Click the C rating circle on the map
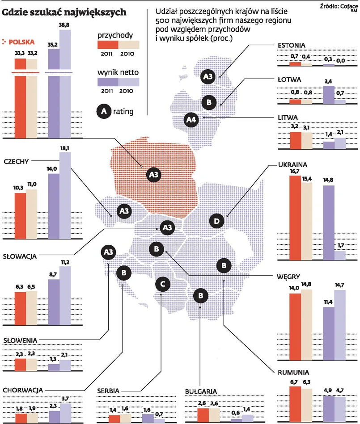click(x=163, y=284)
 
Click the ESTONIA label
click(x=291, y=45)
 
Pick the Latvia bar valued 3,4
click(x=328, y=94)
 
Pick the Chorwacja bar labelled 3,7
click(x=65, y=413)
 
